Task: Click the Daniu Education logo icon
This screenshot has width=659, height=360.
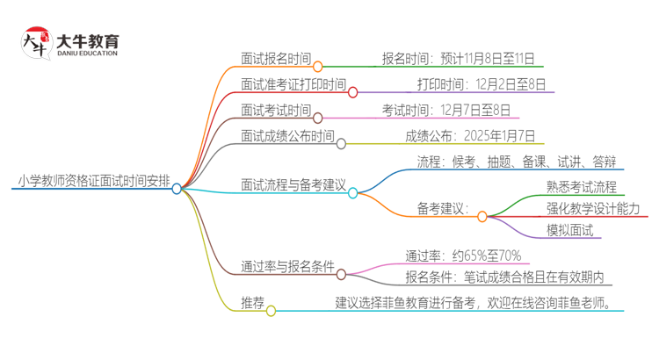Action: (x=36, y=43)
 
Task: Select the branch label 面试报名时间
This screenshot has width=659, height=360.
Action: (x=275, y=60)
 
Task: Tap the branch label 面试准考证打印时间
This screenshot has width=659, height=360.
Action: (x=293, y=85)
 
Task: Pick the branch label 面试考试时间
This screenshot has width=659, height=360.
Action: (x=275, y=111)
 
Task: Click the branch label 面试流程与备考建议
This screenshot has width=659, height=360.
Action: (x=293, y=186)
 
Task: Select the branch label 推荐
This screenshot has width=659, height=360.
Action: (x=252, y=303)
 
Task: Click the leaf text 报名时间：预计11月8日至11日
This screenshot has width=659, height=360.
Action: (x=457, y=60)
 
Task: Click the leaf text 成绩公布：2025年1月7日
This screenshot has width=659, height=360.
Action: (x=469, y=136)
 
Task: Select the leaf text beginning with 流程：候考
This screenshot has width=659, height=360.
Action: (x=517, y=162)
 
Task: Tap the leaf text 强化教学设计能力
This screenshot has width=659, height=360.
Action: (x=592, y=209)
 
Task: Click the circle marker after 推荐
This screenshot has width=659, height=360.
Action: (x=271, y=310)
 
